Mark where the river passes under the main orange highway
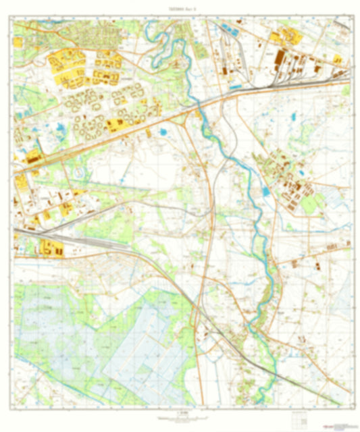200,106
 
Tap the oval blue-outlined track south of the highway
81,173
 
